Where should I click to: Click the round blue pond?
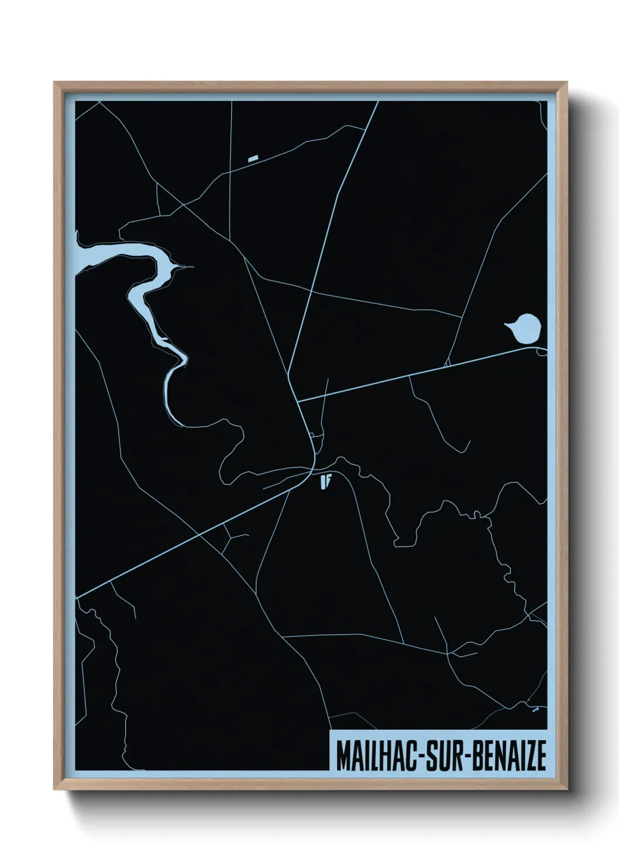point(526,329)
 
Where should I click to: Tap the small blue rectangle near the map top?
point(253,158)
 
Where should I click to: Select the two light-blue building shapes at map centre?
point(326,482)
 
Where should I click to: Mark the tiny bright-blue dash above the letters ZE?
point(535,710)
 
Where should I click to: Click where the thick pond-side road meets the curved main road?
point(298,402)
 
